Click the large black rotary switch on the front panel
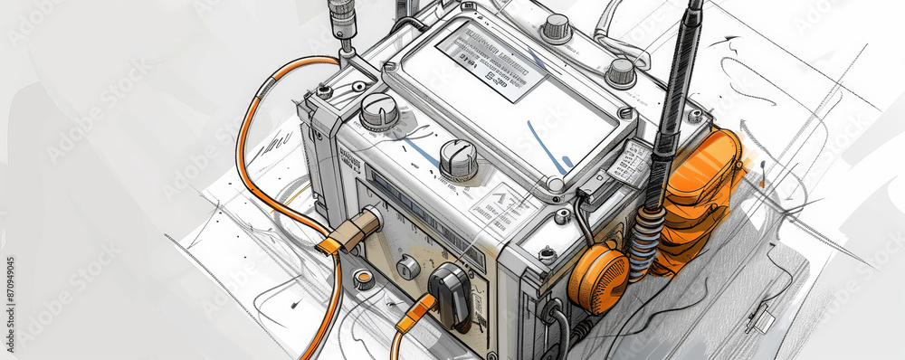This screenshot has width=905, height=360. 450,293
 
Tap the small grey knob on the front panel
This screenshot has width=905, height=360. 408,267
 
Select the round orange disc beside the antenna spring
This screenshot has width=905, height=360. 598,280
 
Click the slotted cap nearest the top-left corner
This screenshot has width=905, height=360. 379,111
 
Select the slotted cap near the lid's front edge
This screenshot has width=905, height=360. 459,159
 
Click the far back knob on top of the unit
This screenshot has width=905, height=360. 556,27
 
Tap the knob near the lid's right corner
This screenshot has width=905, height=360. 620,72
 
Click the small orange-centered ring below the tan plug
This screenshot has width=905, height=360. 363,279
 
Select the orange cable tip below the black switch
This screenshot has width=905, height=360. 415,312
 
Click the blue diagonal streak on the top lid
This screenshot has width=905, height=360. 546,147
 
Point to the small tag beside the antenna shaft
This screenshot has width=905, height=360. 629,164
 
